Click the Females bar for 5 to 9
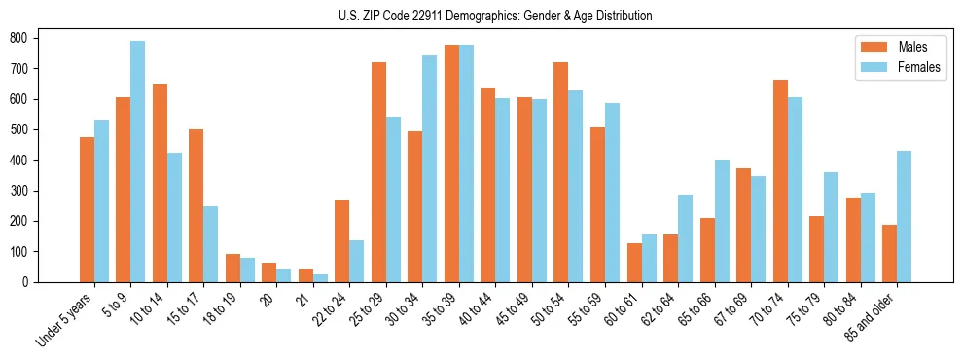(x=138, y=162)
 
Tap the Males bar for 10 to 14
(x=160, y=183)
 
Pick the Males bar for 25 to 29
(x=378, y=172)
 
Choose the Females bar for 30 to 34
(x=430, y=168)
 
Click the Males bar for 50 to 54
(x=561, y=172)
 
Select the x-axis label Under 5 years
(x=66, y=319)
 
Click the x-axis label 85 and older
(x=870, y=317)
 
